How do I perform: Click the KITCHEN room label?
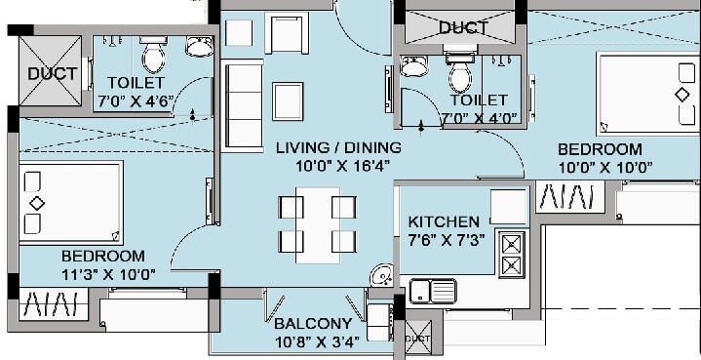tap(444, 221)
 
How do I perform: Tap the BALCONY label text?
tap(312, 324)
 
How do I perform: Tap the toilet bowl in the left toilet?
tap(152, 59)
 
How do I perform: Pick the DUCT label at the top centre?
tap(463, 27)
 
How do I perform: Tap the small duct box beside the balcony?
tap(417, 337)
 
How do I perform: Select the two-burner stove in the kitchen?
tap(511, 254)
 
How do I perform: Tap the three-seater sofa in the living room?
tap(240, 103)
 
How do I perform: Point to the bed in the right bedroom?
tap(647, 94)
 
